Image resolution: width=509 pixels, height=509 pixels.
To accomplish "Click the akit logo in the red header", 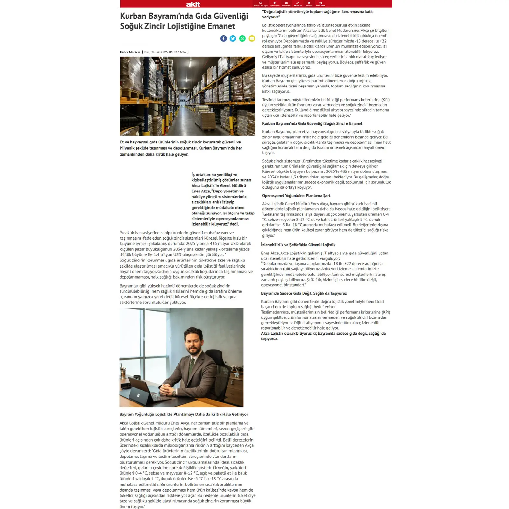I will click(193, 4).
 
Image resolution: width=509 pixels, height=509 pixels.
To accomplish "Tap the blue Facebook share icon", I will click(224, 38).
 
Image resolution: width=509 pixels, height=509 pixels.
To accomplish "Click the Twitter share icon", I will click(233, 38).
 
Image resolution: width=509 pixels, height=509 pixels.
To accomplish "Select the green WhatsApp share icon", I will click(242, 38).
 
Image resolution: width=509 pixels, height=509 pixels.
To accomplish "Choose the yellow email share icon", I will click(252, 38).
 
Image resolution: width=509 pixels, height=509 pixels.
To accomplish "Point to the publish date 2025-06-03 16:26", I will click(173, 52).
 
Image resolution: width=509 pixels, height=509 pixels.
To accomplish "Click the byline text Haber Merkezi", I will click(130, 52).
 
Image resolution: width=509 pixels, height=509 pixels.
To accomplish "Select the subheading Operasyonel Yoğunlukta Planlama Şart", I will click(296, 196).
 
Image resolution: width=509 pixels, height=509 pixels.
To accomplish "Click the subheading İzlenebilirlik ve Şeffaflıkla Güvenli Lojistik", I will click(298, 245).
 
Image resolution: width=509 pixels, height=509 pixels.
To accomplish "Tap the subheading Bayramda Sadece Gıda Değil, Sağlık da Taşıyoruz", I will click(304, 293).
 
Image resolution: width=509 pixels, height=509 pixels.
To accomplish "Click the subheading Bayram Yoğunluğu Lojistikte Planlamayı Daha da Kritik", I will click(184, 414).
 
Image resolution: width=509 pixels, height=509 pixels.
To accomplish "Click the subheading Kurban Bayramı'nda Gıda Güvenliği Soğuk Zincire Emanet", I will click(312, 123).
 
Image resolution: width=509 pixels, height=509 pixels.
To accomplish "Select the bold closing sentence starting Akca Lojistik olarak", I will click(323, 336).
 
